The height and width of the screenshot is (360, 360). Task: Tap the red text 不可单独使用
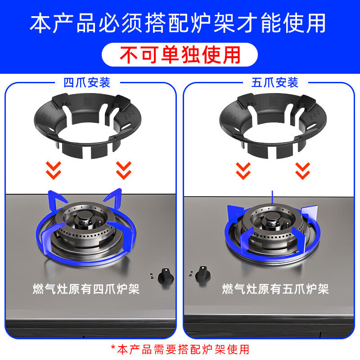click(x=180, y=55)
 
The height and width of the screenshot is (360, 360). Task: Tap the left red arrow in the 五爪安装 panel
click(x=243, y=170)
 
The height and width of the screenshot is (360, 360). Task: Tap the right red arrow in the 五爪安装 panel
click(x=302, y=170)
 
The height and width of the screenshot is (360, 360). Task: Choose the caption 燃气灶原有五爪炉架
click(x=275, y=288)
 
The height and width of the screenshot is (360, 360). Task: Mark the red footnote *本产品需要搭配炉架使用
click(x=180, y=349)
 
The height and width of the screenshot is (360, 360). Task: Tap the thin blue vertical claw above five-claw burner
click(x=272, y=197)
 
